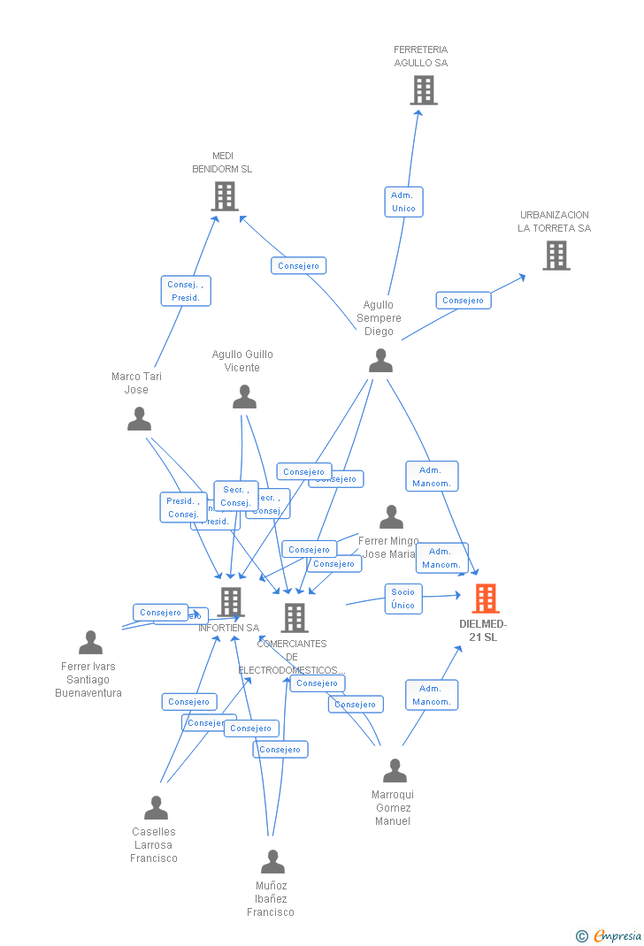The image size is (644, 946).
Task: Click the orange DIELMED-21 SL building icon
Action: (485, 599)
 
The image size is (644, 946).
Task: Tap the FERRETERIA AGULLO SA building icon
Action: (424, 90)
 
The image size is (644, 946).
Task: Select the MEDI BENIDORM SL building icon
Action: (225, 196)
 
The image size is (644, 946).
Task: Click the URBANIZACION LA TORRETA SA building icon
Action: (556, 256)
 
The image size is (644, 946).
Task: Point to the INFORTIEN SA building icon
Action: (230, 602)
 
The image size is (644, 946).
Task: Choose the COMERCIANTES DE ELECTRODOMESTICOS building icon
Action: (294, 618)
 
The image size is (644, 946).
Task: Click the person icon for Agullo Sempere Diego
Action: (380, 361)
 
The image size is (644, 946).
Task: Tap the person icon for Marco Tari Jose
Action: (139, 419)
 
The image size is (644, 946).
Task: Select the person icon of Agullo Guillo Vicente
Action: (244, 397)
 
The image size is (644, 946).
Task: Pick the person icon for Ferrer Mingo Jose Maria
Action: (391, 517)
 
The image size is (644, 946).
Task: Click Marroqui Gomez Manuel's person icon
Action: (395, 771)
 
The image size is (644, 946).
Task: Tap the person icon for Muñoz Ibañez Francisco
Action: (272, 862)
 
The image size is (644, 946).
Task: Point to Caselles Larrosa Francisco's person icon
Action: (156, 808)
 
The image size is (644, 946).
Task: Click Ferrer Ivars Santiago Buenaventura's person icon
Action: (90, 643)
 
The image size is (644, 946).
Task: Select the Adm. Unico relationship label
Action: (403, 202)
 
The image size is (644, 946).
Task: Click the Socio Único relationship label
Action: (402, 599)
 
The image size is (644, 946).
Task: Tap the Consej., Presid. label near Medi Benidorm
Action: (186, 291)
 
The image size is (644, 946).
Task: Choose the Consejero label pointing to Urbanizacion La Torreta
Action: (463, 301)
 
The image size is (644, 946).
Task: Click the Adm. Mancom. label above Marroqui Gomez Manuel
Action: (432, 695)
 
